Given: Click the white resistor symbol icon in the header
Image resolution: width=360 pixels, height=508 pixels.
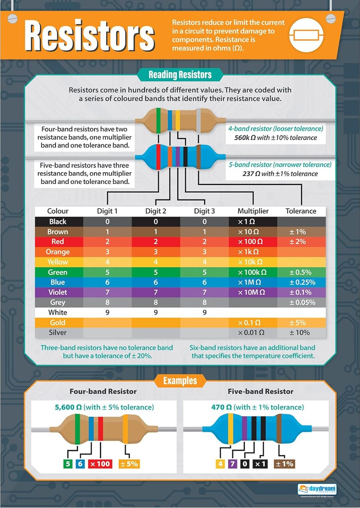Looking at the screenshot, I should pos(306,35).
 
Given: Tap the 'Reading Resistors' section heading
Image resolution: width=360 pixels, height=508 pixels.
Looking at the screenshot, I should pos(180,75).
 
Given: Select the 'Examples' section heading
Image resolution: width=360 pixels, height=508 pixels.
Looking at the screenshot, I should pos(180,381).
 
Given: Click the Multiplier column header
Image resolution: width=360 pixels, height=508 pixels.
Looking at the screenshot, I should pos(253,211).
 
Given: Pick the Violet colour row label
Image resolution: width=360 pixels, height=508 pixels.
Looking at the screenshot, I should pos(58,292).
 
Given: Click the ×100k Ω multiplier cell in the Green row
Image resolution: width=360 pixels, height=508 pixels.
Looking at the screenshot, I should pos(252,272).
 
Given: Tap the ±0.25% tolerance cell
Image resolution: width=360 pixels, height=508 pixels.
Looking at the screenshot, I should pos(302,282).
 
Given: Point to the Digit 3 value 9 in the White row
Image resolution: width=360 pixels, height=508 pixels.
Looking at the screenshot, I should pos(204,313).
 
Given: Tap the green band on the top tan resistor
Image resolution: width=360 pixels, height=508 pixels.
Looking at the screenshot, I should pos(158,120).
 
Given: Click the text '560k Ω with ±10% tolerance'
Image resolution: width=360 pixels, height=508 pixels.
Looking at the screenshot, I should pos(276,138).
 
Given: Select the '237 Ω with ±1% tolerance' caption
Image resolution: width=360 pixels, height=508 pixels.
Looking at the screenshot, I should pos(280,174).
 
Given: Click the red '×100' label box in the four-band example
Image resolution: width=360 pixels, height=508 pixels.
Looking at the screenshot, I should pos(100,464).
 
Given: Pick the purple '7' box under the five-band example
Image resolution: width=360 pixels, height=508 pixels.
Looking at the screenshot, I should pos(232,464).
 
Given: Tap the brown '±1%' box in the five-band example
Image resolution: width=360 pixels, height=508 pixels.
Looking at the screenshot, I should pos(284,464).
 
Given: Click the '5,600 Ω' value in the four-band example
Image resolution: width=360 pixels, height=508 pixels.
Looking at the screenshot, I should pos(68,407).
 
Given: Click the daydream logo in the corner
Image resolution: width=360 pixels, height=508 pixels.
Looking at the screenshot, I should pos(317,489).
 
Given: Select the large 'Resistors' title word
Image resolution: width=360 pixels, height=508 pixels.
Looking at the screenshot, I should pos(89,36).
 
